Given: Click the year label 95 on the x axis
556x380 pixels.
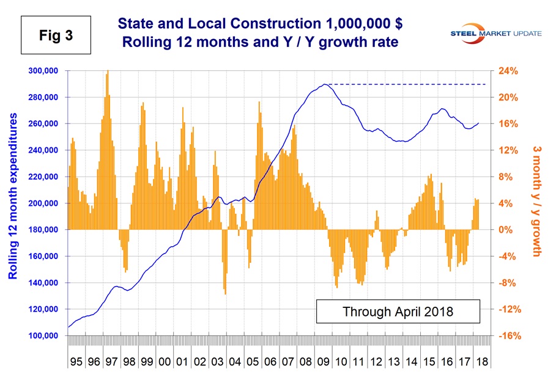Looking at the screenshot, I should click(76, 362).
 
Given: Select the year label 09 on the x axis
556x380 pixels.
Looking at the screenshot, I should click(324, 362).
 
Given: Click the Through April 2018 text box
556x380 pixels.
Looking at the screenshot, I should click(398, 311).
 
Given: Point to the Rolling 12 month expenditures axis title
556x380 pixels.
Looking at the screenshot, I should click(13, 196).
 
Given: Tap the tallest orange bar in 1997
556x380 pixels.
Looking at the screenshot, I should click(108, 71).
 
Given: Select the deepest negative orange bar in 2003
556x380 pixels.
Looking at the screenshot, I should click(225, 294).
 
